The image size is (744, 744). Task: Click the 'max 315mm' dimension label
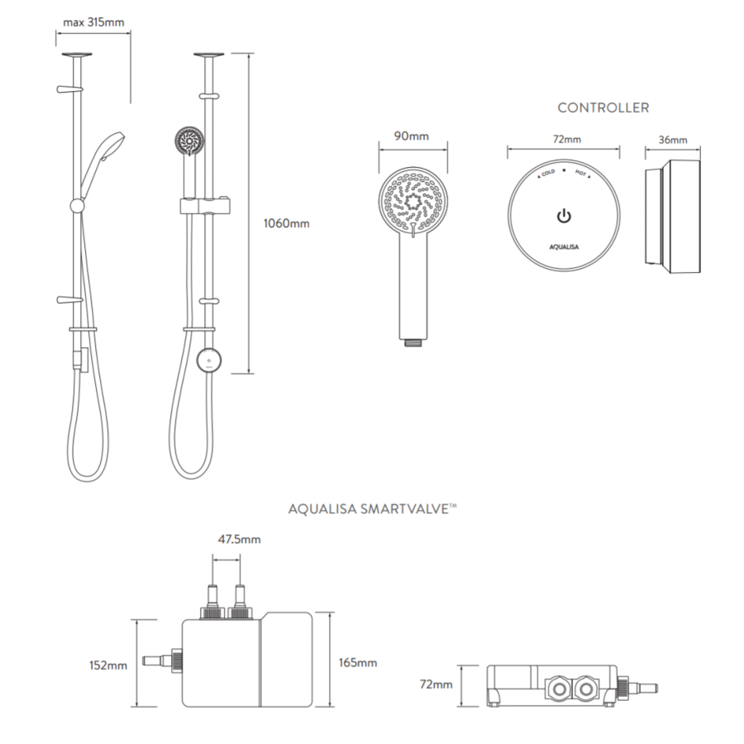[93, 22]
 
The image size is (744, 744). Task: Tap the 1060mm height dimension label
[287, 223]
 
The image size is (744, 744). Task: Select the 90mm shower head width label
[412, 136]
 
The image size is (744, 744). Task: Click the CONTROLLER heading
[603, 107]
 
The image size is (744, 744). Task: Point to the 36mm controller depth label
[673, 140]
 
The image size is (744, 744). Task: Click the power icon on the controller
[564, 217]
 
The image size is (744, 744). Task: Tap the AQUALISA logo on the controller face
[564, 246]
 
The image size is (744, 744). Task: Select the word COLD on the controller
[548, 174]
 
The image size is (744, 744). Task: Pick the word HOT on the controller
[580, 174]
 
